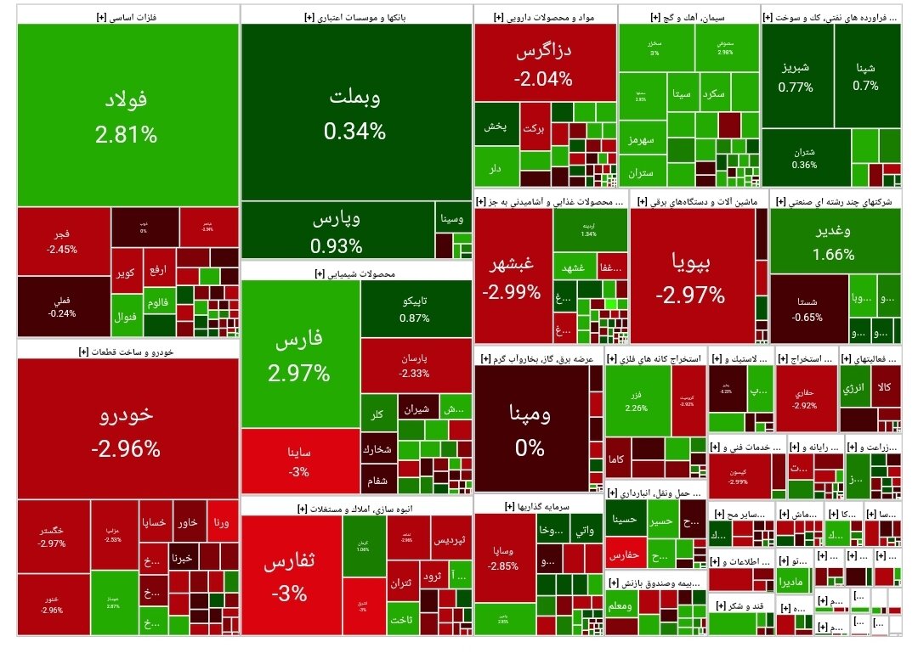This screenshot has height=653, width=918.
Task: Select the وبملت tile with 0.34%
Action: click(x=355, y=112)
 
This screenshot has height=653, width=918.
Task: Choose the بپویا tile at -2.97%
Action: click(x=690, y=277)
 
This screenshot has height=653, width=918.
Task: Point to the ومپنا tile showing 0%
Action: click(x=530, y=429)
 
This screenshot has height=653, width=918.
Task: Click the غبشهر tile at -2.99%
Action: click(x=512, y=277)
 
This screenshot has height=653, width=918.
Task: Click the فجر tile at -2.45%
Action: click(x=63, y=241)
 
